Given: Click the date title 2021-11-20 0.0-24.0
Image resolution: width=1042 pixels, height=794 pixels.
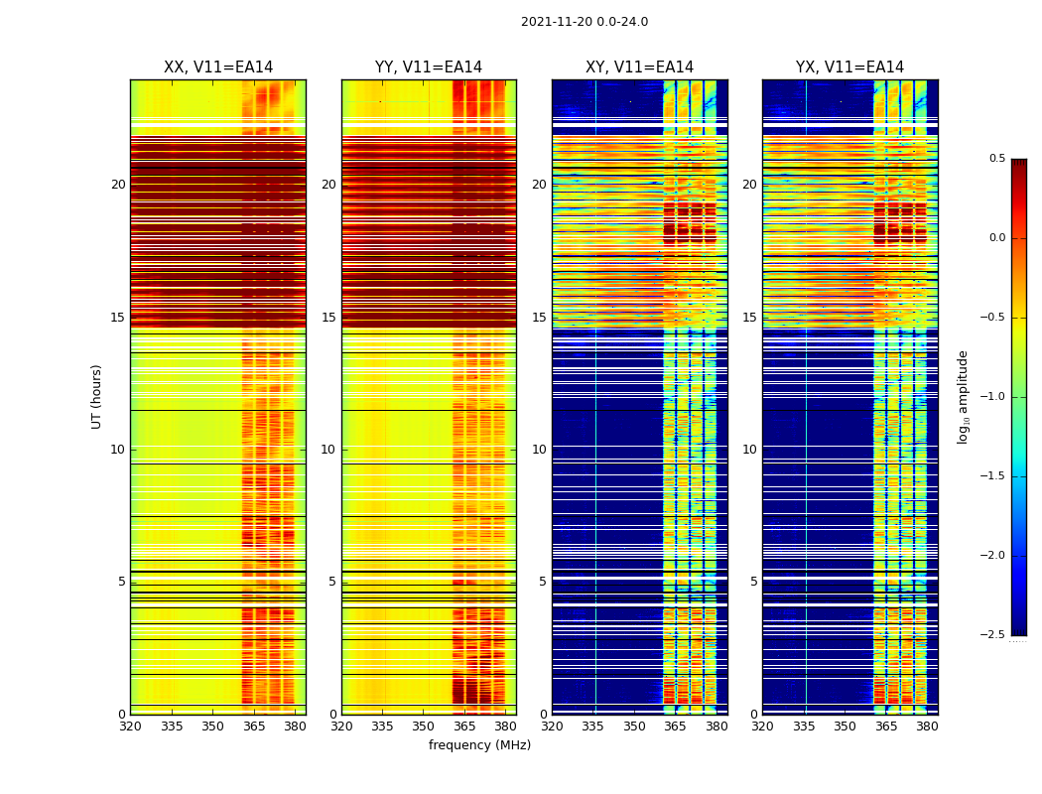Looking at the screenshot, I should [x=584, y=22].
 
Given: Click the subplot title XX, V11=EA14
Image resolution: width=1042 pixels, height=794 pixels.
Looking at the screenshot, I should [x=218, y=67].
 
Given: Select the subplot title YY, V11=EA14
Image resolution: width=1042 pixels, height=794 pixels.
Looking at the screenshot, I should [x=429, y=67].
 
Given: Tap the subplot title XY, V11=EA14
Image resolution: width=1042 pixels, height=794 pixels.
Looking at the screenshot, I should [x=639, y=67].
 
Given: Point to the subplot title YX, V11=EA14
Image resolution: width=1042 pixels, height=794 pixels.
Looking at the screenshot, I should [x=849, y=67].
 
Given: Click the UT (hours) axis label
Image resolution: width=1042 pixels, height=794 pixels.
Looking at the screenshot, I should [x=96, y=396].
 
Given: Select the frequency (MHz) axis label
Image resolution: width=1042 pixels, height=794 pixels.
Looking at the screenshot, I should [x=479, y=745].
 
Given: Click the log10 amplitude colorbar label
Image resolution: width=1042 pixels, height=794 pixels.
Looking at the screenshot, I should [x=962, y=396].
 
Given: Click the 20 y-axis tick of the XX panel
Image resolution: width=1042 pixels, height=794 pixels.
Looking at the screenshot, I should [x=118, y=185].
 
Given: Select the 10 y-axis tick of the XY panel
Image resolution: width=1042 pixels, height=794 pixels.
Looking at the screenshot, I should [x=539, y=450].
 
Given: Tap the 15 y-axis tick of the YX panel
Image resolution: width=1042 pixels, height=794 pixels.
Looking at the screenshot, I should [x=749, y=318].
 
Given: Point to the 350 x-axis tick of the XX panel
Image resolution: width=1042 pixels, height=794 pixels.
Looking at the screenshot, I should [x=212, y=726].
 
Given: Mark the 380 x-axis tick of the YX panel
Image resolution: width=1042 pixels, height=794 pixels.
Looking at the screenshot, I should [x=927, y=726].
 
